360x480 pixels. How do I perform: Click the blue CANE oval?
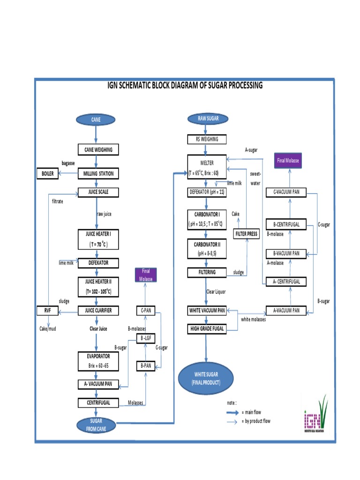pyautogui.click(x=96, y=120)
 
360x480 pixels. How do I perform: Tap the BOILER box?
pyautogui.click(x=49, y=174)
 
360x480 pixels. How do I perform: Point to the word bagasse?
pyautogui.click(x=68, y=163)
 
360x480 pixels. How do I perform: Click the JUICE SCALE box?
pyautogui.click(x=98, y=192)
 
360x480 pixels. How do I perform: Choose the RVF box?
pyautogui.click(x=48, y=310)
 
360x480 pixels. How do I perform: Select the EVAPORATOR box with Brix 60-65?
pyautogui.click(x=98, y=360)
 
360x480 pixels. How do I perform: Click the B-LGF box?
pyautogui.click(x=145, y=338)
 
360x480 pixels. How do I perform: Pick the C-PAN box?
pyautogui.click(x=145, y=310)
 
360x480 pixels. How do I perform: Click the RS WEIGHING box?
pyautogui.click(x=206, y=139)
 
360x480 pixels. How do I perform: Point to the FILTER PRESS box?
pyautogui.click(x=247, y=233)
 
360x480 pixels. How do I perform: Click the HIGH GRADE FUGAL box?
pyautogui.click(x=206, y=329)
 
